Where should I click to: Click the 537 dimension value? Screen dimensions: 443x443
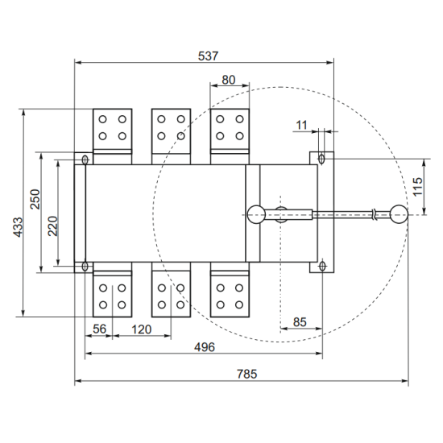(209, 56)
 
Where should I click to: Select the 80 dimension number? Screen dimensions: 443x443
(229, 80)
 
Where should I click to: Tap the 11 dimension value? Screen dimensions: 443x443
(301, 125)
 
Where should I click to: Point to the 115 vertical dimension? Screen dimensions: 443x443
(417, 187)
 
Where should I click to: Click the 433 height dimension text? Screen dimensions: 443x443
(18, 227)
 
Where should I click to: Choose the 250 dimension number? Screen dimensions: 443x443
(35, 199)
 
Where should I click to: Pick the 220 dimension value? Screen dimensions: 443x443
(52, 226)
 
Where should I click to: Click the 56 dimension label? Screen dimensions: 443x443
(99, 329)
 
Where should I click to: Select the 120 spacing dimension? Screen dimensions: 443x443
(142, 329)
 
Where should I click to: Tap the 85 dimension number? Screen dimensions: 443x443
(300, 322)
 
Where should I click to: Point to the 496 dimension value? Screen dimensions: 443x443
(205, 347)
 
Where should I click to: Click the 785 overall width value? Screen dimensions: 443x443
(247, 374)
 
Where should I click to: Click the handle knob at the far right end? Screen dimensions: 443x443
(399, 214)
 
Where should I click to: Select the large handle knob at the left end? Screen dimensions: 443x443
(256, 214)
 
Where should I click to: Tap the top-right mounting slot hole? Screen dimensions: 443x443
(321, 159)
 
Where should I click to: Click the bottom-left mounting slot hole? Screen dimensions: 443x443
(85, 266)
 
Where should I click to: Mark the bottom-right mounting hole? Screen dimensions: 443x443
(322, 266)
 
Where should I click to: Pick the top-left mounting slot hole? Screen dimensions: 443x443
(85, 160)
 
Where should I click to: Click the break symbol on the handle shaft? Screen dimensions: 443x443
(375, 215)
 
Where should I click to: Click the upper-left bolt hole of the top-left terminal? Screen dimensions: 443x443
(102, 119)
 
